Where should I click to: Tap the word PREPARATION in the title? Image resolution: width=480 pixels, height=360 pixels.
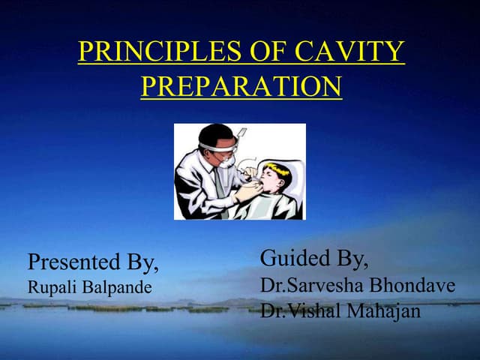pyautogui.click(x=241, y=86)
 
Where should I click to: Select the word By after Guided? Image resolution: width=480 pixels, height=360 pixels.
pyautogui.click(x=352, y=259)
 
